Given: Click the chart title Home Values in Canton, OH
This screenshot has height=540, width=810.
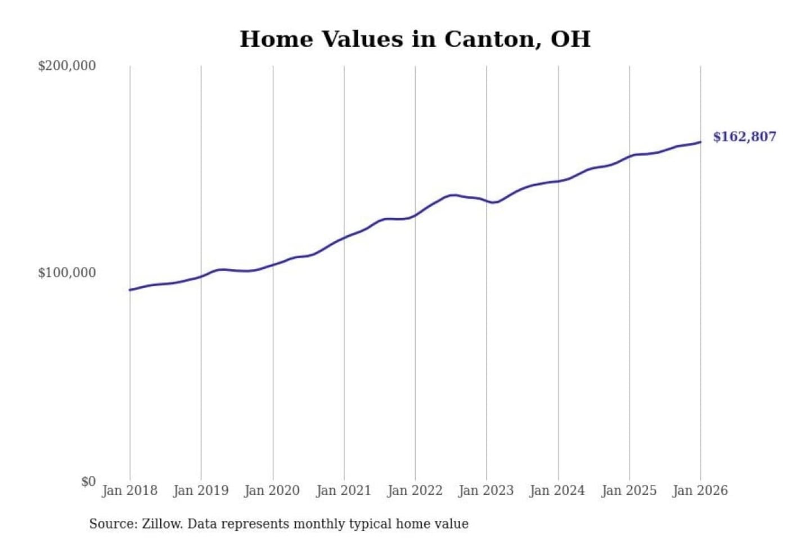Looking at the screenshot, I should click(415, 39).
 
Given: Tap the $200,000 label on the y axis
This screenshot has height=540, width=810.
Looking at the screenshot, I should click(66, 66).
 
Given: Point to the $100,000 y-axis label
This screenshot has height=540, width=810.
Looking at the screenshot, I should click(66, 273).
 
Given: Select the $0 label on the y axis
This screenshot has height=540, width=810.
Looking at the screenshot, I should click(88, 481).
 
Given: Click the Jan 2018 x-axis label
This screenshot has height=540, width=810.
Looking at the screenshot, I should click(129, 490).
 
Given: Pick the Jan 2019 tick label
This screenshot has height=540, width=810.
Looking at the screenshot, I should click(201, 490).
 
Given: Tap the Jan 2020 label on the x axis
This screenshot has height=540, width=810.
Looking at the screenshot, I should click(272, 490).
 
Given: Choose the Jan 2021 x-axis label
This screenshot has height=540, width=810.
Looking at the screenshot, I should click(344, 490).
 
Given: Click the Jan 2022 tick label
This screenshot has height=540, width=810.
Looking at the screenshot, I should click(415, 490).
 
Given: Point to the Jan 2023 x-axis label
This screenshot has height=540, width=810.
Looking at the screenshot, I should click(486, 490).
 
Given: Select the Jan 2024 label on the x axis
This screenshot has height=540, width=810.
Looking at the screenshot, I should click(557, 490).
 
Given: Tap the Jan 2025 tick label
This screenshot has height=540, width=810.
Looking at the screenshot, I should click(629, 490).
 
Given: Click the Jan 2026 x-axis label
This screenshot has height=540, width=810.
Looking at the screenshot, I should click(700, 490).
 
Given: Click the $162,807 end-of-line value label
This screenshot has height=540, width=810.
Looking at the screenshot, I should click(744, 137).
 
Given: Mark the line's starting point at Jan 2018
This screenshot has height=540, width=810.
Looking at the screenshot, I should click(130, 290).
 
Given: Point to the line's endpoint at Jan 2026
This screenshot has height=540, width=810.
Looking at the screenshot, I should click(700, 142).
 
